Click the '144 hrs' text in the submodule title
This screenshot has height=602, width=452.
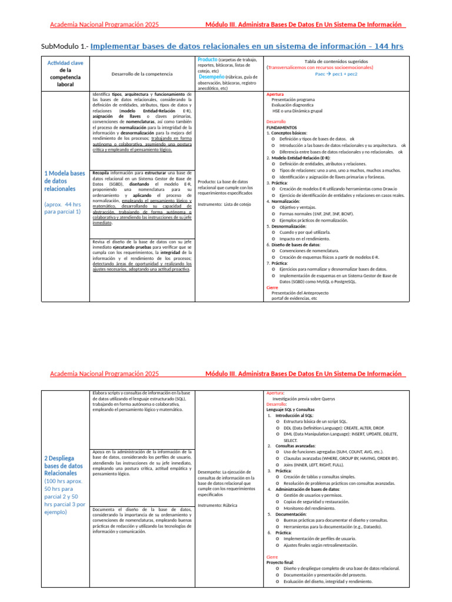coord(385,46)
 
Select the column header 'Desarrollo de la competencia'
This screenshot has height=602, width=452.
coord(142,73)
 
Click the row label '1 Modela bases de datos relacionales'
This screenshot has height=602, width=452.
coord(65,181)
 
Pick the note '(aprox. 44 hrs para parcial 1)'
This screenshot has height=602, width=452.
coord(62,208)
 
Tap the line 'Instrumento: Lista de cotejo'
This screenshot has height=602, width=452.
coord(224,204)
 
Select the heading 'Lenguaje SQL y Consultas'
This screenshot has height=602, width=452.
coord(290,410)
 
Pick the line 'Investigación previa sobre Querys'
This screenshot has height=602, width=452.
coord(304,399)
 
